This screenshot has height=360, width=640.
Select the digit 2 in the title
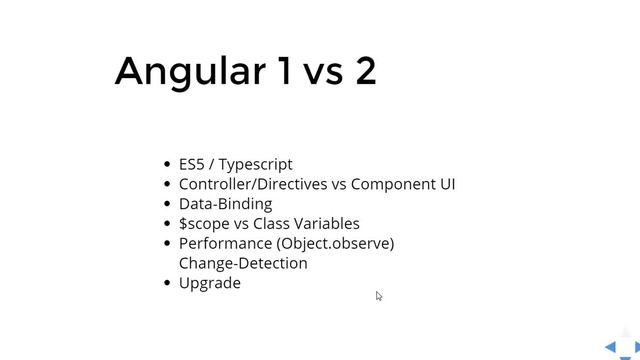click(365, 71)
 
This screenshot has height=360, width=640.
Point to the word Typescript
click(256, 165)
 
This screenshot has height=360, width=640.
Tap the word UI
click(446, 184)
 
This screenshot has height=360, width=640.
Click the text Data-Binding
click(225, 204)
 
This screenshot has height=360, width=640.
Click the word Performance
click(225, 243)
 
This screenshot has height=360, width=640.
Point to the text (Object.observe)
click(335, 244)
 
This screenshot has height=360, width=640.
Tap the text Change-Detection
click(243, 263)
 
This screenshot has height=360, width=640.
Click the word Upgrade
click(210, 284)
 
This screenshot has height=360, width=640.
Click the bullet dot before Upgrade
click(166, 284)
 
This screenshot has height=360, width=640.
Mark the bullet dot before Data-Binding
click(166, 204)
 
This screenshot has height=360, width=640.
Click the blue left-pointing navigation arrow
click(610, 347)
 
